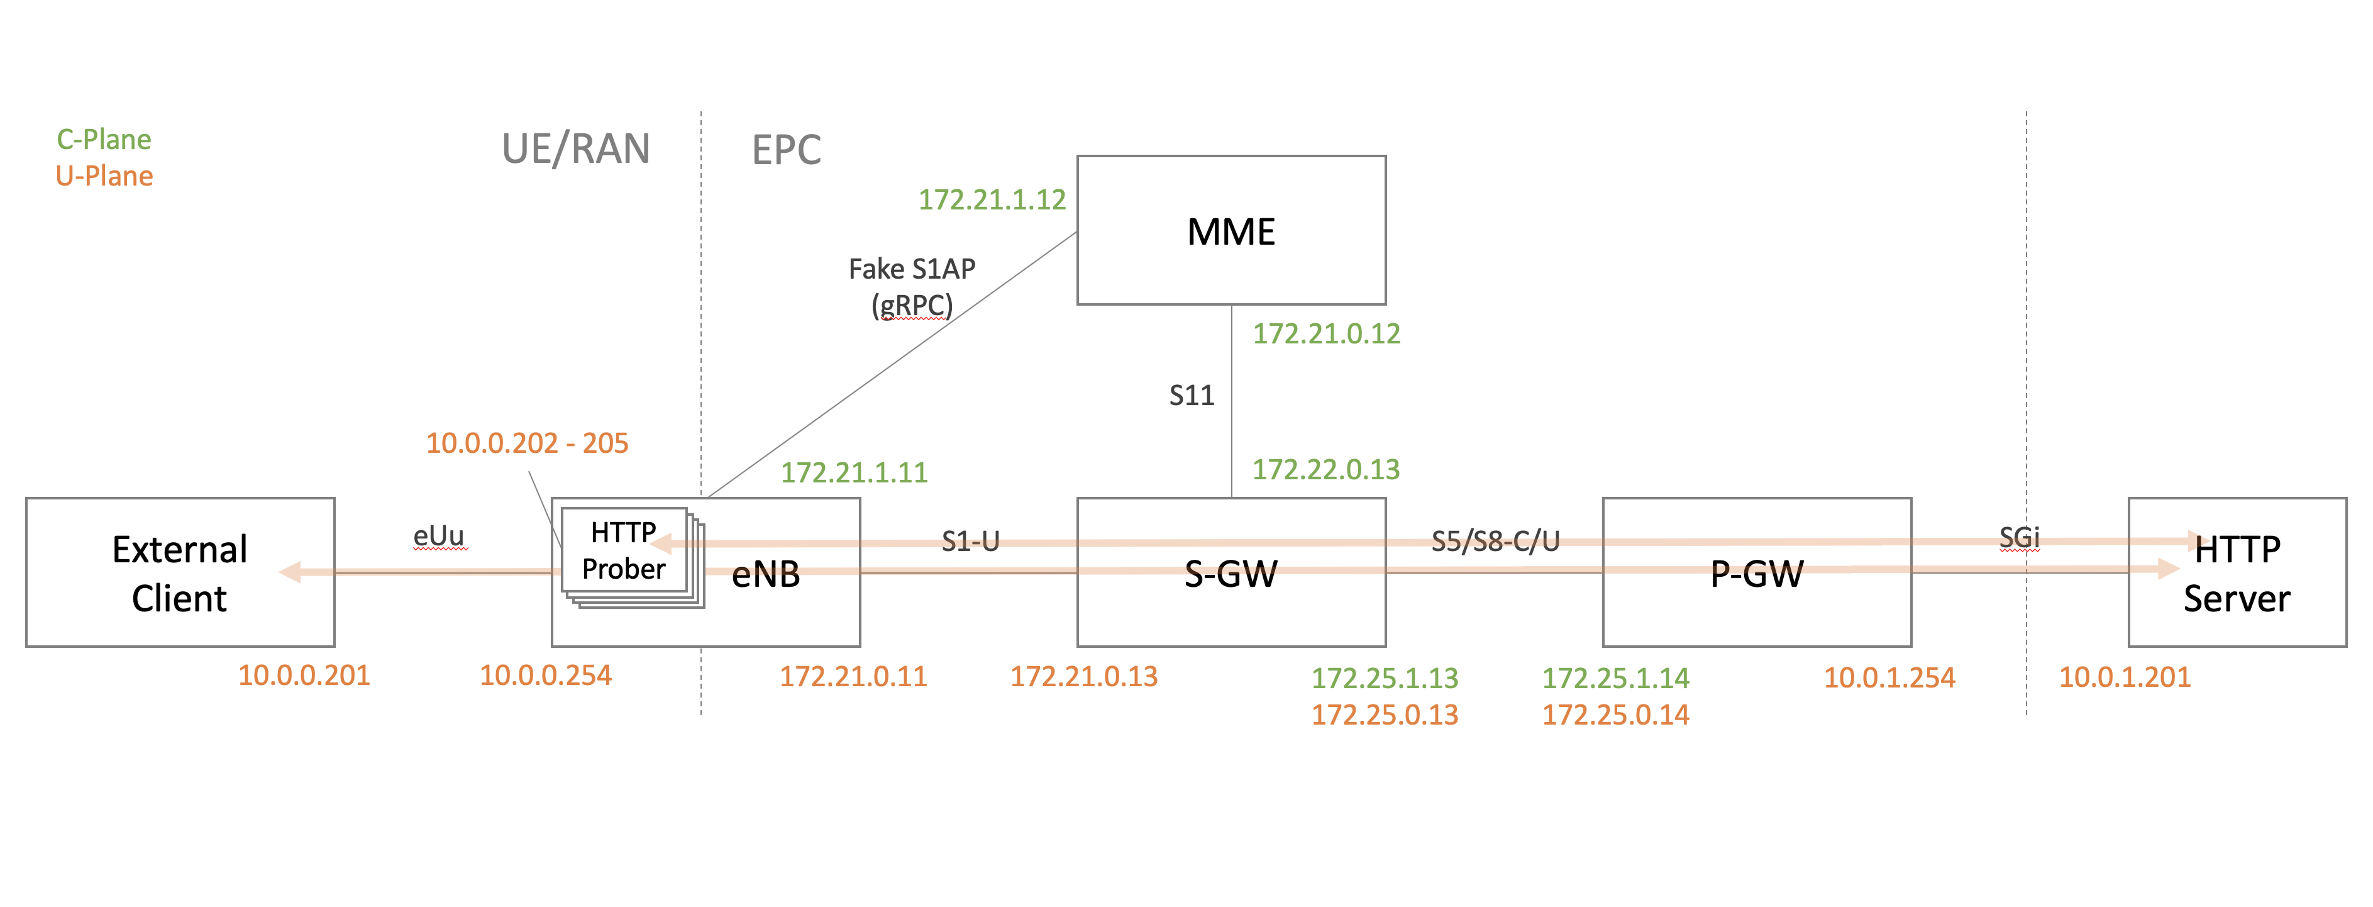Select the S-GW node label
(x=1231, y=574)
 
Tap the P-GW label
(x=1757, y=574)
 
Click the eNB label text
(x=765, y=575)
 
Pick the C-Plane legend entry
(x=104, y=139)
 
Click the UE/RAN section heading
(x=576, y=149)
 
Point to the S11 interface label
(x=1192, y=396)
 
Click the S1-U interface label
(x=970, y=541)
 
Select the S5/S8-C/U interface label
(x=1495, y=541)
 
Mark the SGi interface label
(x=2019, y=537)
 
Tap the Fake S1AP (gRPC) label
(x=912, y=287)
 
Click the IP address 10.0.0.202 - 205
(x=527, y=443)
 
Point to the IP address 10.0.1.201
(x=2124, y=677)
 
